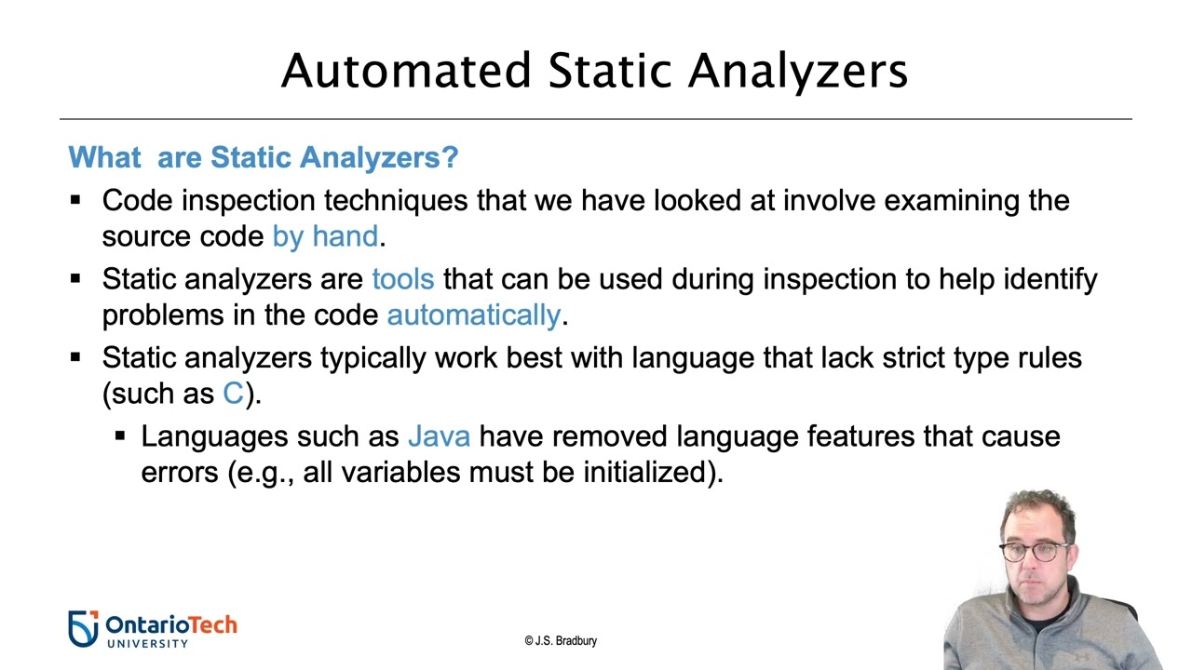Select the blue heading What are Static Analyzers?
264,156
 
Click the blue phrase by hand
325,236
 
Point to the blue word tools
402,279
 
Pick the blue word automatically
473,315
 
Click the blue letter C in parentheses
233,394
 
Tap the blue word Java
439,436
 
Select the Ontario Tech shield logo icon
83,628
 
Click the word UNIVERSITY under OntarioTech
147,642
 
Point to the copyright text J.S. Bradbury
561,641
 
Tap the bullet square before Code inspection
76,199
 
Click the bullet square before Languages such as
120,435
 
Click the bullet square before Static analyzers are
76,277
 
